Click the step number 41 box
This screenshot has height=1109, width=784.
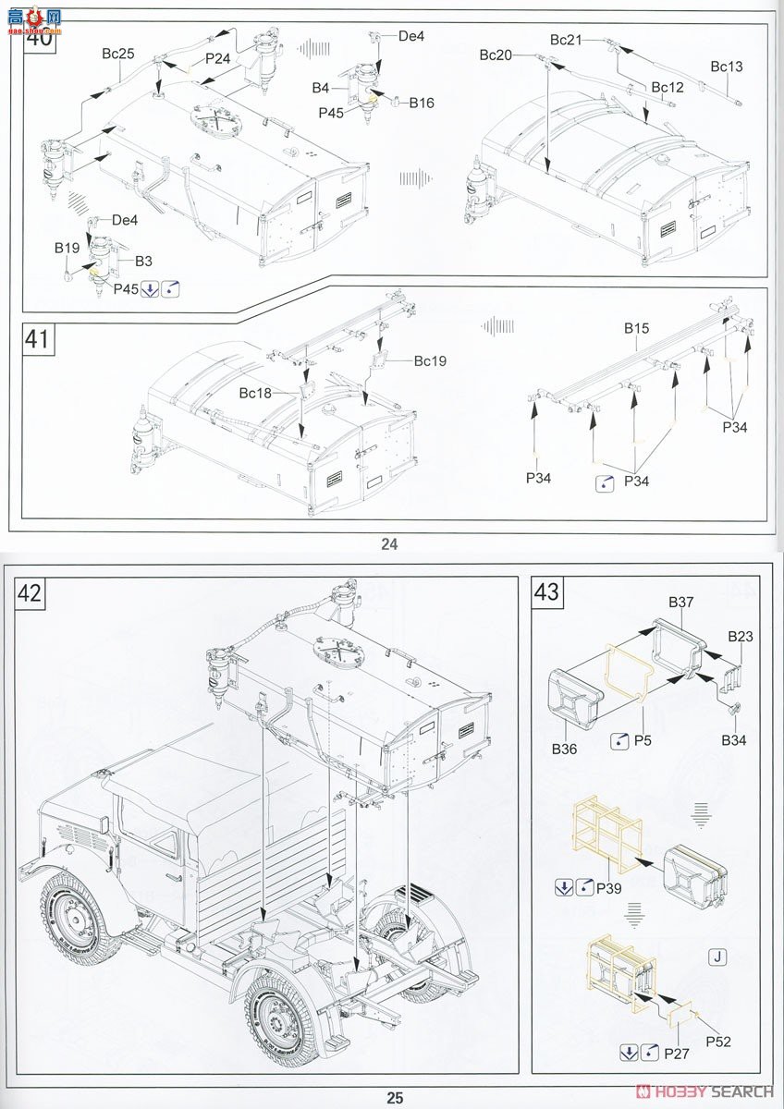pyautogui.click(x=38, y=339)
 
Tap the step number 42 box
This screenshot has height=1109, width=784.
pyautogui.click(x=31, y=594)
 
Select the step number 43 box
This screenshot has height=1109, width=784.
pyautogui.click(x=547, y=591)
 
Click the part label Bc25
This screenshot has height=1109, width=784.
pyautogui.click(x=118, y=55)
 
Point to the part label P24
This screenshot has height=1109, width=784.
pyautogui.click(x=218, y=58)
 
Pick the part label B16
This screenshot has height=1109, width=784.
pyautogui.click(x=422, y=103)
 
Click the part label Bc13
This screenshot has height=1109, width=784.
pyautogui.click(x=726, y=67)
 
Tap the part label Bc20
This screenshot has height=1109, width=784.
pyautogui.click(x=496, y=55)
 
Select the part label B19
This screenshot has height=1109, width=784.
pyautogui.click(x=67, y=248)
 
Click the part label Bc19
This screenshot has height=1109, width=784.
pyautogui.click(x=430, y=360)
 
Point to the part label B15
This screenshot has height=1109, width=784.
pyautogui.click(x=636, y=328)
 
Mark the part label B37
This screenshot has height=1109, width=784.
pyautogui.click(x=681, y=602)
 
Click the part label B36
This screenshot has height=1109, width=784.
pyautogui.click(x=563, y=749)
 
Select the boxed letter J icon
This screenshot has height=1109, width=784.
pyautogui.click(x=716, y=957)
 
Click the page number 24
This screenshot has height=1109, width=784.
pyautogui.click(x=389, y=544)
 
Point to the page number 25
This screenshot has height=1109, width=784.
pyautogui.click(x=395, y=1098)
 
